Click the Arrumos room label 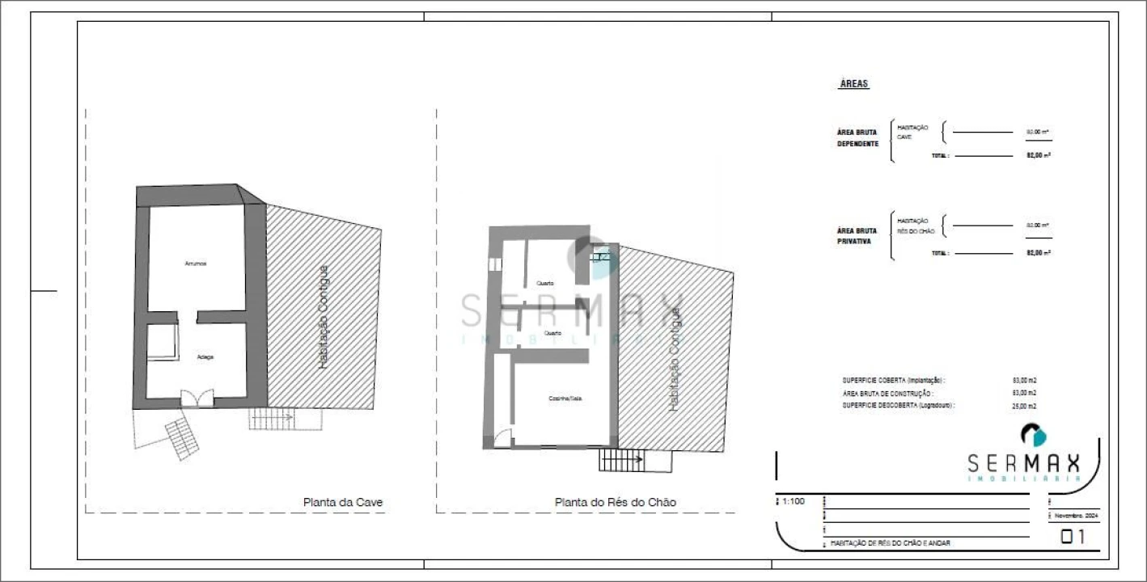(x=195, y=264)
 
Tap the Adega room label (x=205, y=356)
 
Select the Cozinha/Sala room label (x=564, y=399)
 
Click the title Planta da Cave (x=343, y=502)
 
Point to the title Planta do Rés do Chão (x=615, y=502)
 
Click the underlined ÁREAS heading (x=854, y=84)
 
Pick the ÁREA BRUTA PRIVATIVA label (x=857, y=235)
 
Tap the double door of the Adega (x=197, y=397)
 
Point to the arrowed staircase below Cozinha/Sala (x=620, y=460)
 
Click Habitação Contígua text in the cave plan (x=323, y=317)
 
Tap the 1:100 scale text (x=793, y=501)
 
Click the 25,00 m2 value (x=1024, y=406)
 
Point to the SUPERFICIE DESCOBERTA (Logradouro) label (x=898, y=406)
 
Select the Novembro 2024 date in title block (x=1077, y=515)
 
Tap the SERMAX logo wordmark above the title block (x=1024, y=463)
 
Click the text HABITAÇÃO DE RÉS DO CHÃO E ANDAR (x=890, y=543)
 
